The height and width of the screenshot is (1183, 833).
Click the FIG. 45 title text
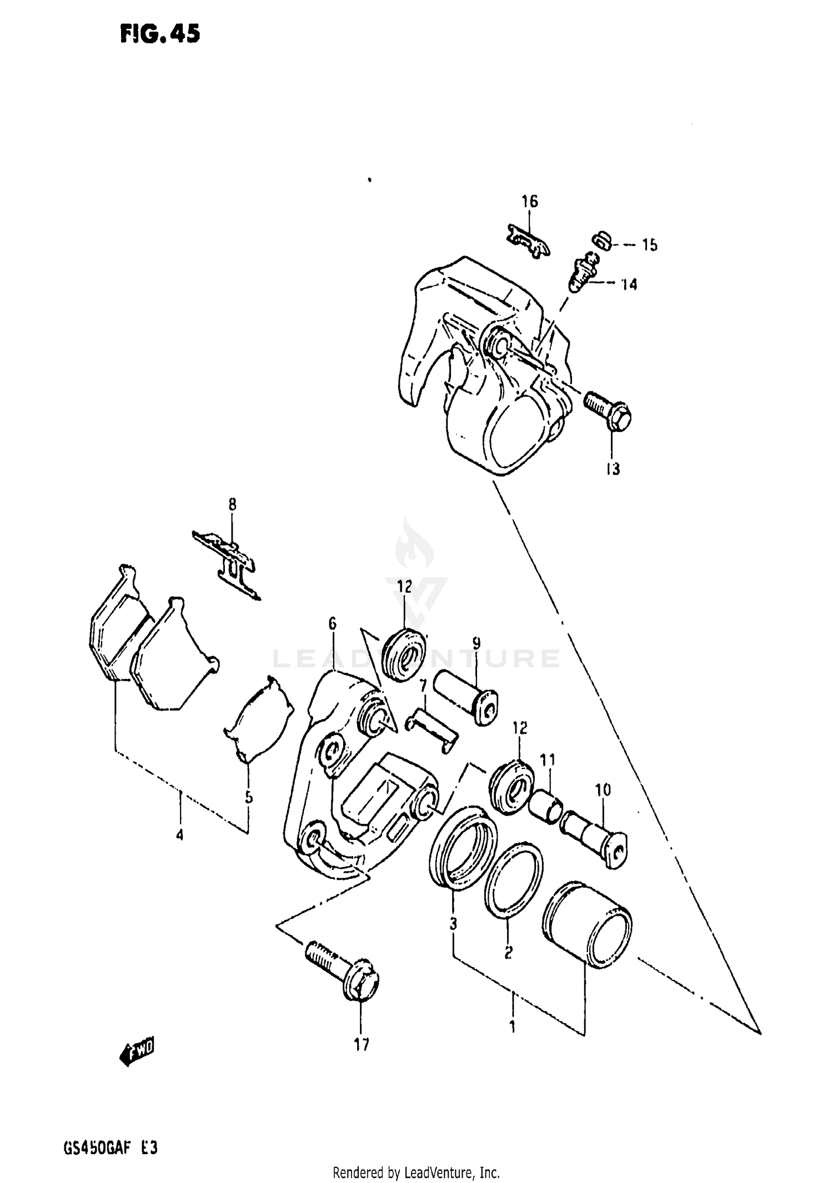[x=159, y=34]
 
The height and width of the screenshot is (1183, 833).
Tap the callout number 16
[x=530, y=202]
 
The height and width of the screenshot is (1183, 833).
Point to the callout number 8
[x=232, y=504]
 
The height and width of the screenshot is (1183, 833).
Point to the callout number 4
[x=179, y=850]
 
